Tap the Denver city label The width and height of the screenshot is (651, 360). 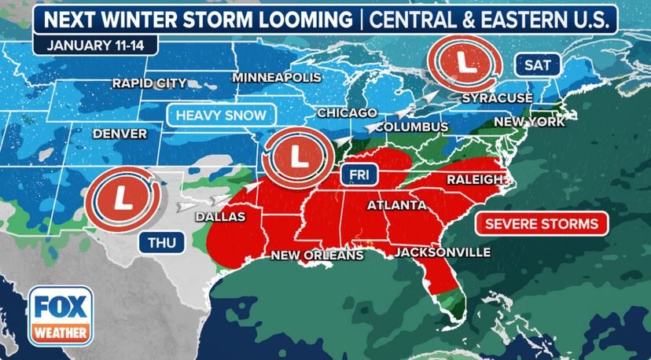coord(120,134)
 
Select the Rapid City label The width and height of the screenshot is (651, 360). coord(149,83)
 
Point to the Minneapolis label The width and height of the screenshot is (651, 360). coord(278,78)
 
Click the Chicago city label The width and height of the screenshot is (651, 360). coord(344,113)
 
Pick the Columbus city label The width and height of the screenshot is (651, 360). coord(411,127)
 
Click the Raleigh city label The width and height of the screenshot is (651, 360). coord(474,179)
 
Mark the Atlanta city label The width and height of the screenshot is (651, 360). coord(397,205)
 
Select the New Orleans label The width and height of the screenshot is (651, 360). coord(317,255)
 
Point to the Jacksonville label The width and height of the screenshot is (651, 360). coord(442,252)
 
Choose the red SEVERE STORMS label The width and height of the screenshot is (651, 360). coord(541,223)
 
